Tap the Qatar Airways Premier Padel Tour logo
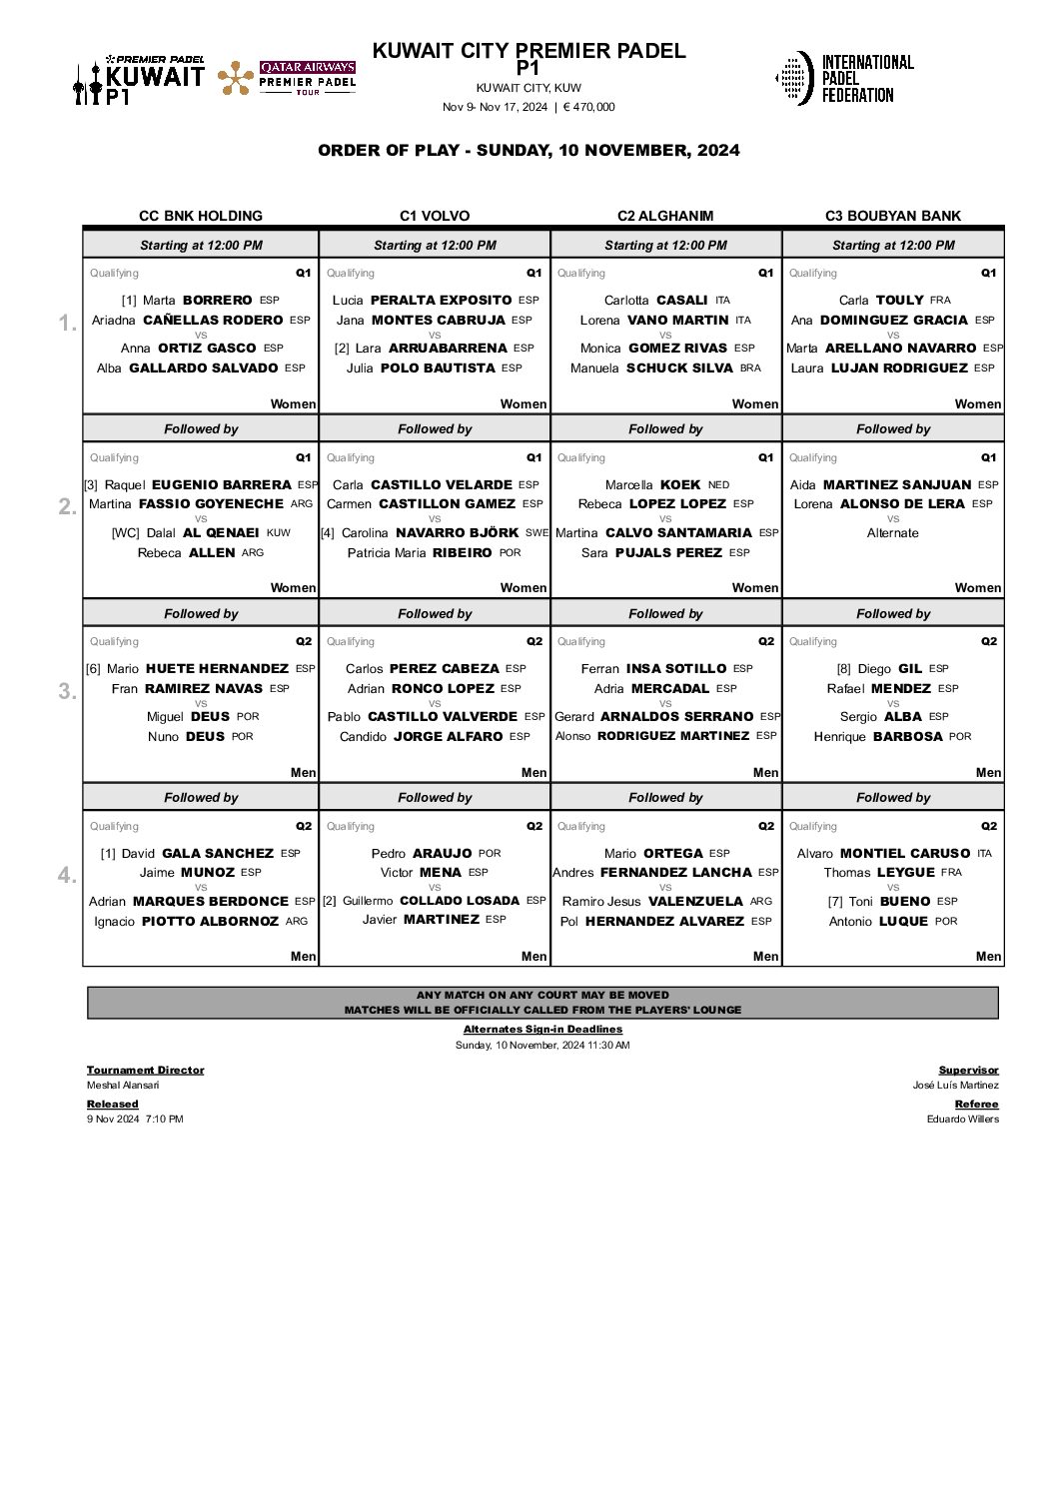pyautogui.click(x=287, y=78)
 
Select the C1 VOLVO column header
pyautogui.click(x=435, y=216)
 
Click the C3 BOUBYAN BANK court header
pyautogui.click(x=893, y=216)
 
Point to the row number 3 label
pyautogui.click(x=67, y=691)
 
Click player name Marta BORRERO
pyautogui.click(x=197, y=300)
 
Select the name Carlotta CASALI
pyautogui.click(x=655, y=300)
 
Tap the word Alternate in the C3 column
pyautogui.click(x=892, y=533)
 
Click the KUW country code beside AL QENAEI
pyautogui.click(x=279, y=533)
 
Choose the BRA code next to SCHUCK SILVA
pyautogui.click(x=750, y=369)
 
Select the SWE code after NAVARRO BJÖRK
pyautogui.click(x=537, y=533)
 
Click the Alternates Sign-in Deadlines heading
pyautogui.click(x=542, y=1029)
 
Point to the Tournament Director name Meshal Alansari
pyautogui.click(x=123, y=1085)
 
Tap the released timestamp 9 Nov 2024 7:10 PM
pyautogui.click(x=135, y=1119)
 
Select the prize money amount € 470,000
pyautogui.click(x=588, y=107)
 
